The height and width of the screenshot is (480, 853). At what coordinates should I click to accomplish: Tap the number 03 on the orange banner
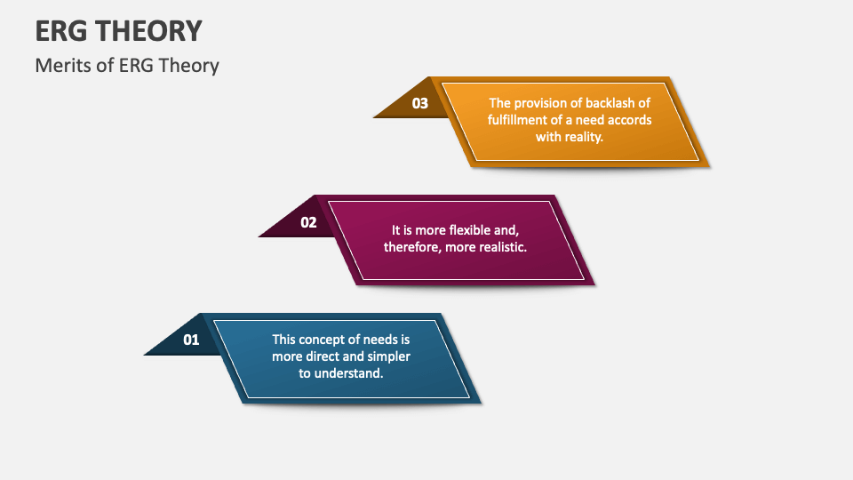point(420,103)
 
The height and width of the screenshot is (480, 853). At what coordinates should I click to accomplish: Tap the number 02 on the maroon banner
point(308,222)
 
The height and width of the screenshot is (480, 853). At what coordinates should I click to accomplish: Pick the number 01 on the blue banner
point(192,340)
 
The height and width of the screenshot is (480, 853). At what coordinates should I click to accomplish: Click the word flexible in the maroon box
point(472,229)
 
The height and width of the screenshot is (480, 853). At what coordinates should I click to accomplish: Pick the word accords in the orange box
point(629,120)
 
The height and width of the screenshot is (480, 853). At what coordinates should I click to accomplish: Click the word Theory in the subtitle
point(189,66)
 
